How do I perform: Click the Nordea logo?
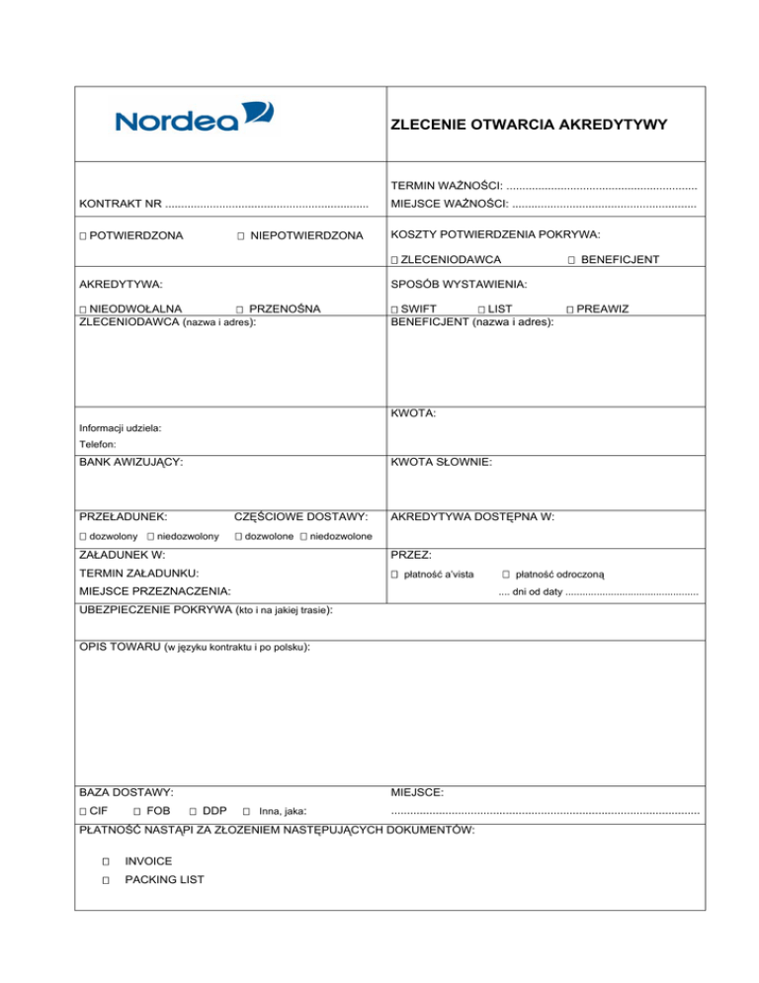pyautogui.click(x=195, y=119)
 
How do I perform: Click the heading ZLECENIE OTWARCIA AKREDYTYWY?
pyautogui.click(x=529, y=126)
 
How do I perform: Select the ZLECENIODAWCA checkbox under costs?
pyautogui.click(x=394, y=260)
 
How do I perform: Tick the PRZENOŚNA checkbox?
pyautogui.click(x=241, y=310)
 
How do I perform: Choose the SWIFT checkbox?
pyautogui.click(x=394, y=310)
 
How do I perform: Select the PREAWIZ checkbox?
pyautogui.click(x=570, y=310)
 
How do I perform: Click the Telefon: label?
pyautogui.click(x=97, y=445)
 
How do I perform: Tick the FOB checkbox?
pyautogui.click(x=137, y=812)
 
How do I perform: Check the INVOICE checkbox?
pyautogui.click(x=104, y=861)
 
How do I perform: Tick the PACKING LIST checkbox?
pyautogui.click(x=104, y=879)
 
